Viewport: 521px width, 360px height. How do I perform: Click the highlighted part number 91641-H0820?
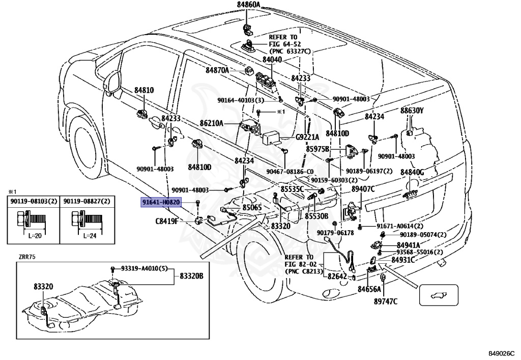coord(161,202)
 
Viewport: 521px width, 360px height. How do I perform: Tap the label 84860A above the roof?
coord(248,5)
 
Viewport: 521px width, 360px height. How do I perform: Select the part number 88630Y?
coord(412,110)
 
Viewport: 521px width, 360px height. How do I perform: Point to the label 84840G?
coord(412,172)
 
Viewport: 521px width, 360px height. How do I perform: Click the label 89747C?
coord(386,301)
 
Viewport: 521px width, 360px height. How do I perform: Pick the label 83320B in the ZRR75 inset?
coord(192,276)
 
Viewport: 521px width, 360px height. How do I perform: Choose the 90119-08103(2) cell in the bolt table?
coord(34,202)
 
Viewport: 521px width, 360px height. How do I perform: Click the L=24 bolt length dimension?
coord(90,236)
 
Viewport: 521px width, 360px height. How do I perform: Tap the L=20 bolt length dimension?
coord(35,236)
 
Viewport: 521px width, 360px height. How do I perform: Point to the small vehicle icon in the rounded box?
coord(439,294)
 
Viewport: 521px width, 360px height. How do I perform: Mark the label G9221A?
coord(307,137)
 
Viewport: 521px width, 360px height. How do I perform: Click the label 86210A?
coord(211,123)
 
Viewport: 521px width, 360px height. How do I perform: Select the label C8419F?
coord(167,221)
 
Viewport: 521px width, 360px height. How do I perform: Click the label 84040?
coord(272,60)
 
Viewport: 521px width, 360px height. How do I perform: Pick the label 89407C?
coord(363,189)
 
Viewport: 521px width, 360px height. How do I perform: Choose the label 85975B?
coord(318,149)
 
